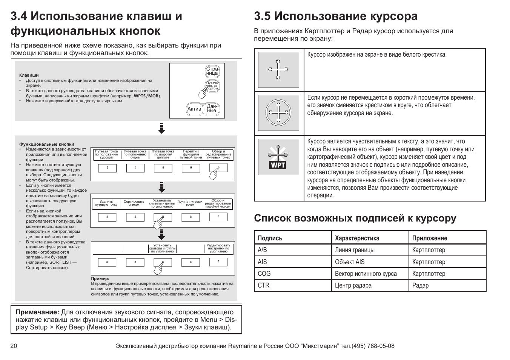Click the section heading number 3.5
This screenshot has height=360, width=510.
pos(263,16)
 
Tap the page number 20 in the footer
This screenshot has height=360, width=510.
pos(14,346)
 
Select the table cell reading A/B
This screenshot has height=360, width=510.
pos(262,250)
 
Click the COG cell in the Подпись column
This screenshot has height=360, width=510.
pos(264,274)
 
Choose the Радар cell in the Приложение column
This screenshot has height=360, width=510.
pos(420,285)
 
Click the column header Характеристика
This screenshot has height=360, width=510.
pos(357,238)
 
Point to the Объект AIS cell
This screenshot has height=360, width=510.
pos(350,262)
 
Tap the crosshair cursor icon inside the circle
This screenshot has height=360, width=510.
pos(278,113)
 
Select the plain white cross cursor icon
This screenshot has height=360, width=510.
pos(278,69)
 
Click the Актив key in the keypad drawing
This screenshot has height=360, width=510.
pos(194,109)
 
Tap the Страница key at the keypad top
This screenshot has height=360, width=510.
pos(212,71)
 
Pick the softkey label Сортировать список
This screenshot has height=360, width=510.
pos(134,203)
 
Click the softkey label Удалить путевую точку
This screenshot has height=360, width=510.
pos(106,203)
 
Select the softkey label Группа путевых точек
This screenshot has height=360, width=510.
pos(190,203)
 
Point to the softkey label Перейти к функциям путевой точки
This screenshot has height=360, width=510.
pos(191,154)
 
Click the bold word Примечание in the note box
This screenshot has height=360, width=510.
pos(37,312)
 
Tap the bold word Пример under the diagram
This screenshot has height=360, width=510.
pos(100,278)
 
